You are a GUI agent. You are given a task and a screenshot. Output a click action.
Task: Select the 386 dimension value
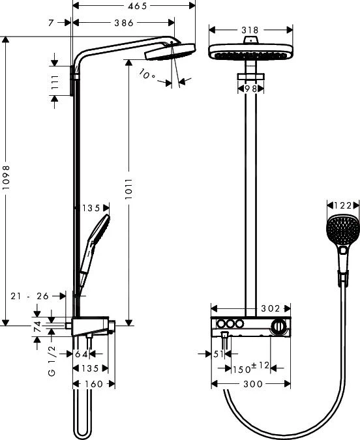click(119, 23)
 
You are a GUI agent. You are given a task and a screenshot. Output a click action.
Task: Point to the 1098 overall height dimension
click(7, 181)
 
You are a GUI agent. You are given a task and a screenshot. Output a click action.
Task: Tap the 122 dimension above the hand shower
click(342, 205)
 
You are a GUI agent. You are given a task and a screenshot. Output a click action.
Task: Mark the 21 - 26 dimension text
click(30, 295)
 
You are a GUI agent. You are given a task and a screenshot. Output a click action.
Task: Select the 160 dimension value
click(94, 384)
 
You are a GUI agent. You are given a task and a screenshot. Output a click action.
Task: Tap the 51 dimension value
click(218, 354)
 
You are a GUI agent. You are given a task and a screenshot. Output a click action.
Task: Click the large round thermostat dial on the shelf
click(278, 325)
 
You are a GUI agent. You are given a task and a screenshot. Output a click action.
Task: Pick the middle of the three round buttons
click(230, 325)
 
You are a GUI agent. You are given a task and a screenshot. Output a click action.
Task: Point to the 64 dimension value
click(82, 354)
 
